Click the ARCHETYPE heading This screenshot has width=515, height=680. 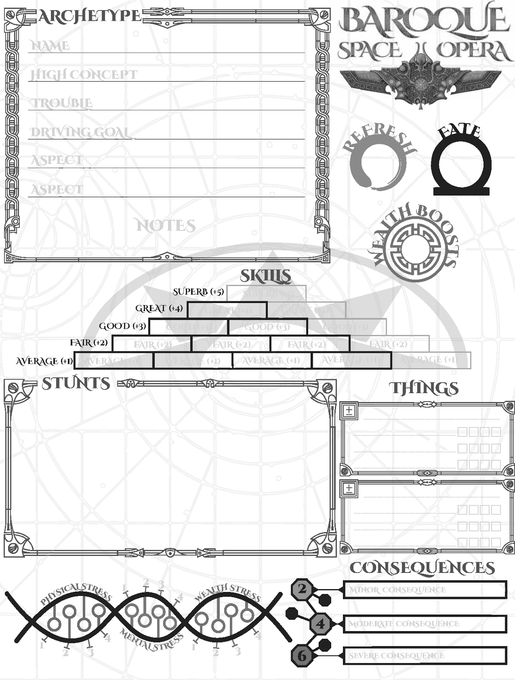90,16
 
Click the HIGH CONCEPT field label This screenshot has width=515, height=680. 84,75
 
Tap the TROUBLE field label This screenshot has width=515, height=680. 62,103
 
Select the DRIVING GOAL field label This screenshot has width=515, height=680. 80,132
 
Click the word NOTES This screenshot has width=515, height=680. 166,226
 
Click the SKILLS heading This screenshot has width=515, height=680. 266,276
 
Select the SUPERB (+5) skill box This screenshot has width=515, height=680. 266,293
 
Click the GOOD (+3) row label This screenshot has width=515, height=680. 122,326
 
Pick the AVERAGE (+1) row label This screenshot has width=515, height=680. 44,361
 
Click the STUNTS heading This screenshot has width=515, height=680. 76,383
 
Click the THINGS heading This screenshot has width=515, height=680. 424,388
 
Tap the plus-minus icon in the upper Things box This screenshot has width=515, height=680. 349,411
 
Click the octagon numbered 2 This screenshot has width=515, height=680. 302,589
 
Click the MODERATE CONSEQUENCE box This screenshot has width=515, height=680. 424,624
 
